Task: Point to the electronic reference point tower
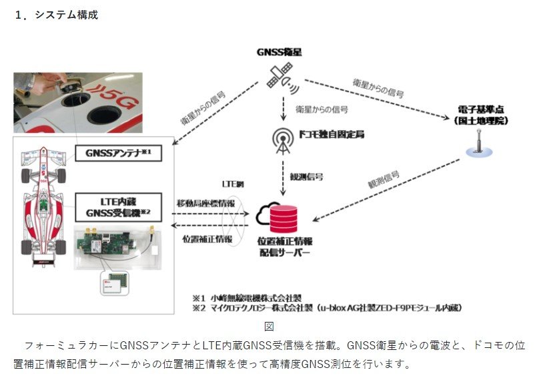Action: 477,143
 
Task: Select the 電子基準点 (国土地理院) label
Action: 477,115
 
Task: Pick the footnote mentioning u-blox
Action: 327,308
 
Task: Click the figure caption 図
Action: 269,326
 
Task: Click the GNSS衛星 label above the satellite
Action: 280,51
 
